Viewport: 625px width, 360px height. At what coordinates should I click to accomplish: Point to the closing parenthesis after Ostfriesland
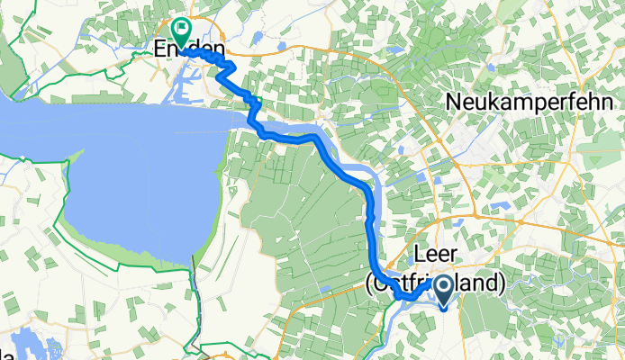click(502, 284)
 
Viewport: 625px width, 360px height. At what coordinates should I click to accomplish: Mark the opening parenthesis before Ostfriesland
click(369, 284)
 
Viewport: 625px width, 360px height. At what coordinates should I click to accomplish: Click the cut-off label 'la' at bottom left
click(5, 351)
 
